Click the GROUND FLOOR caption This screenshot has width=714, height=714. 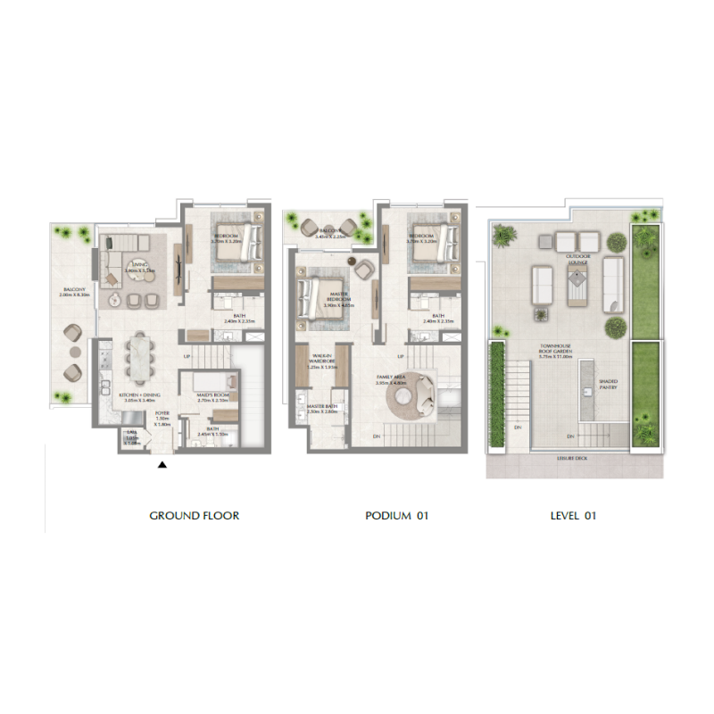pos(194,516)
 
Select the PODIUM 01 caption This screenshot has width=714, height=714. pos(397,516)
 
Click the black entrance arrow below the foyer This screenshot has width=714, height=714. pos(162,464)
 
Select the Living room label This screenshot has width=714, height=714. pos(139,265)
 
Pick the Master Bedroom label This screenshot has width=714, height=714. pos(338,299)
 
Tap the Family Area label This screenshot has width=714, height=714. pos(392,378)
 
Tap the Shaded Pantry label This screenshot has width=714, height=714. pos(608,384)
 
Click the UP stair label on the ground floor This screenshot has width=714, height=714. pos(187,359)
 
